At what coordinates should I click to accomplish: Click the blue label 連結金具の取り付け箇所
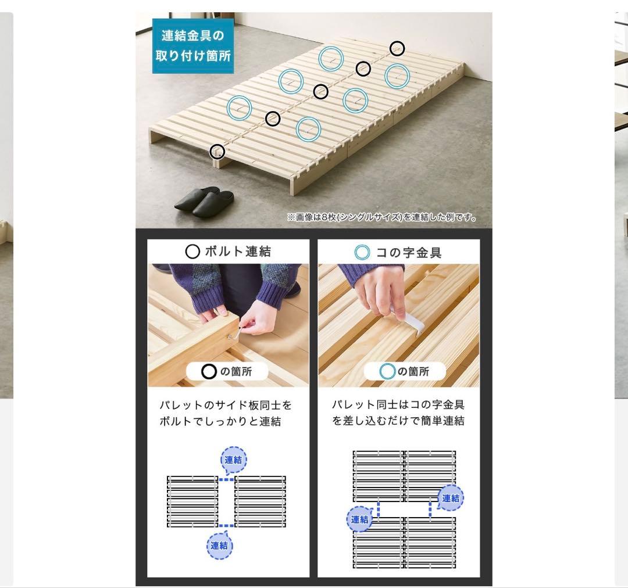tap(192, 46)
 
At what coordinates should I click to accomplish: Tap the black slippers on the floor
tap(204, 201)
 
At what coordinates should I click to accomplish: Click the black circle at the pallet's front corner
tap(217, 151)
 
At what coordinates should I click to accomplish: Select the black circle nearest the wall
tap(397, 48)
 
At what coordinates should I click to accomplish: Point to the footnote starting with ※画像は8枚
tap(381, 217)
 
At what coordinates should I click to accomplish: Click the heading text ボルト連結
tap(238, 252)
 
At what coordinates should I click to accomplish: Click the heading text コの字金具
tap(409, 253)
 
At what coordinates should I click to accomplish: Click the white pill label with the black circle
tap(227, 371)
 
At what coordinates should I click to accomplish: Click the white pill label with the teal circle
tap(405, 371)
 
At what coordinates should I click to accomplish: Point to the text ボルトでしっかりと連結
tap(220, 421)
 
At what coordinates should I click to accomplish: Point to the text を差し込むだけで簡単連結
tap(398, 421)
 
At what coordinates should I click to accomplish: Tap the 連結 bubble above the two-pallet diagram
tap(234, 460)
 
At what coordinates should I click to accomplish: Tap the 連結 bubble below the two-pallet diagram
tap(219, 545)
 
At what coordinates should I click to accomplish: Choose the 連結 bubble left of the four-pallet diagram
tap(360, 519)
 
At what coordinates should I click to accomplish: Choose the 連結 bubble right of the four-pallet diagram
tap(451, 498)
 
